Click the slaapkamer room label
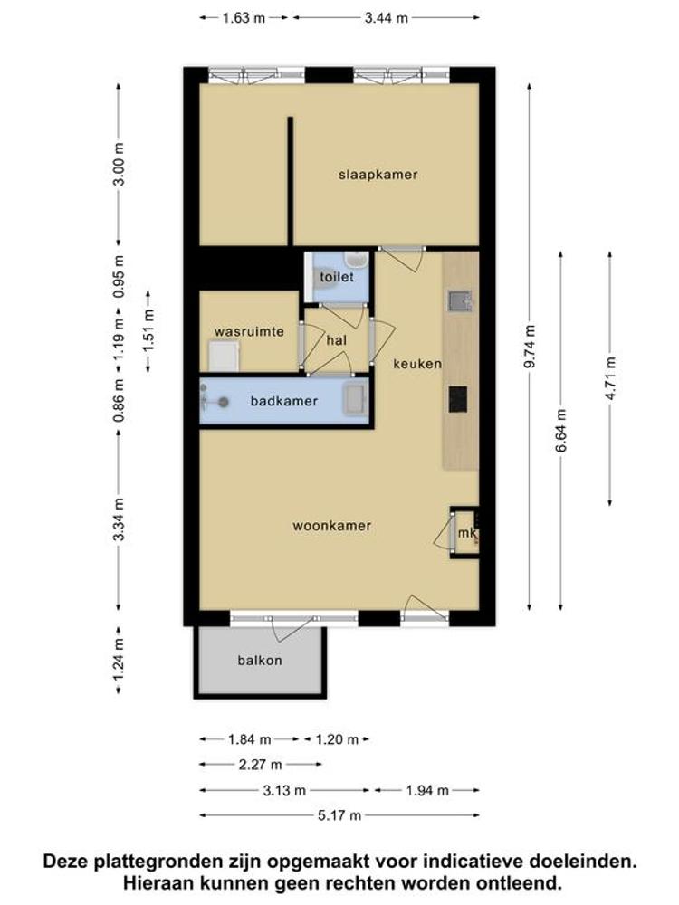(x=378, y=175)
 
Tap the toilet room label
(x=337, y=276)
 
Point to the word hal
(x=337, y=340)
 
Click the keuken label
(x=417, y=364)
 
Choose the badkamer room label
(x=283, y=401)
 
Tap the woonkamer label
(x=331, y=525)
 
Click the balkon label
(x=260, y=660)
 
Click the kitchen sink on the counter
(x=460, y=300)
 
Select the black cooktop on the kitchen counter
(x=458, y=399)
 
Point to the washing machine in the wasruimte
(x=224, y=356)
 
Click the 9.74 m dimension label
(x=530, y=347)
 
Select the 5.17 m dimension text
(x=339, y=815)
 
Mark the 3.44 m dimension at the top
(x=386, y=18)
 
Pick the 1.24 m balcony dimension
(x=119, y=660)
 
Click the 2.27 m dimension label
(x=261, y=765)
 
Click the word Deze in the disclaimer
(x=65, y=862)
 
